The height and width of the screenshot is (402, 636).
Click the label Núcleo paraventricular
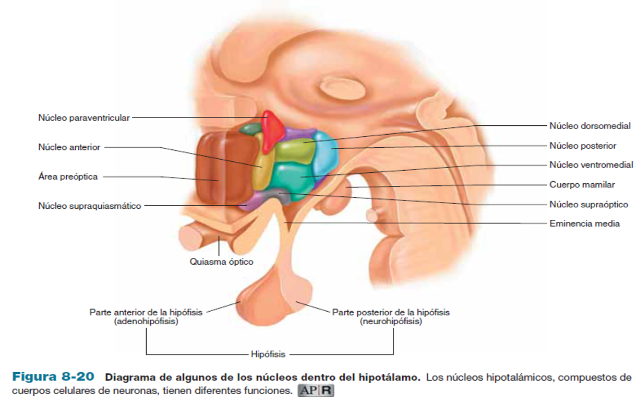tap(83, 118)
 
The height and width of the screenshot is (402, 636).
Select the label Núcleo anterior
tap(69, 147)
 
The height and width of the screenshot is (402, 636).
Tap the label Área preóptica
tap(68, 176)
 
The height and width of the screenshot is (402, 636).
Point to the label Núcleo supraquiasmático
tap(90, 206)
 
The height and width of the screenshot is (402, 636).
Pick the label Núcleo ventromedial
tap(591, 165)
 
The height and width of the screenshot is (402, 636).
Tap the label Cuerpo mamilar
tap(582, 185)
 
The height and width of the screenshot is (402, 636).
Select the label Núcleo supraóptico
tap(589, 205)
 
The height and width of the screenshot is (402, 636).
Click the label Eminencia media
tap(584, 223)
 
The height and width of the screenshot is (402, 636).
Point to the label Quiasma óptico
tap(221, 262)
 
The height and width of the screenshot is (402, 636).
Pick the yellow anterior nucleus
tap(263, 170)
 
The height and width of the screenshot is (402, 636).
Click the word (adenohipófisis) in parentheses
tap(146, 322)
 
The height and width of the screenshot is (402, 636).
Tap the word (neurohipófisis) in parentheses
tap(391, 322)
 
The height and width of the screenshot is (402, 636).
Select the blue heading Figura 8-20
tap(53, 377)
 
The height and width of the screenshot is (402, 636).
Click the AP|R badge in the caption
tap(316, 390)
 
